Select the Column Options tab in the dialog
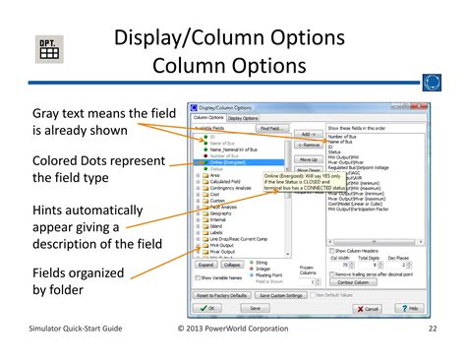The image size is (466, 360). click(207, 117)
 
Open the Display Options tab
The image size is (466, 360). click(245, 117)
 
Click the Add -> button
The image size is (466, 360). click(308, 134)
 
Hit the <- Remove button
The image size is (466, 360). click(308, 146)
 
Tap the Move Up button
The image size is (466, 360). click(308, 158)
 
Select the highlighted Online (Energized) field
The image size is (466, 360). click(232, 161)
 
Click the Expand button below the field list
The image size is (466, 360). click(204, 265)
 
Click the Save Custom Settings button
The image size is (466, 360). click(279, 294)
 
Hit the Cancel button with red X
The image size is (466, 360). click(371, 308)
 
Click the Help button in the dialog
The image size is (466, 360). click(411, 308)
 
